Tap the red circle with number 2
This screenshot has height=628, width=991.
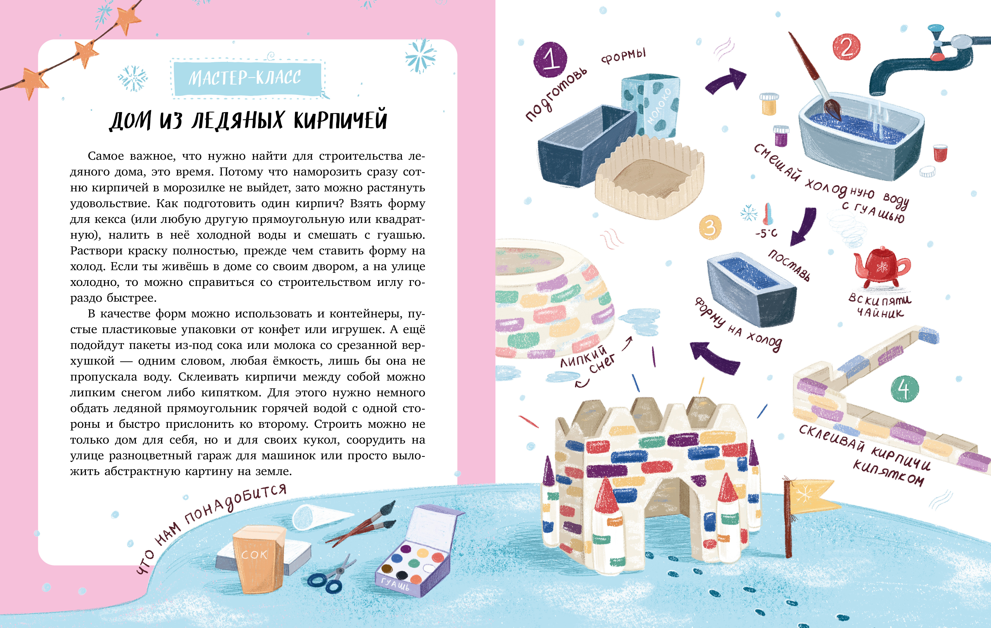pos(846,47)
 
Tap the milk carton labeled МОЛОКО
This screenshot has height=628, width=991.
pos(650,105)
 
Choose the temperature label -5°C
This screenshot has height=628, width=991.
pos(766,233)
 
